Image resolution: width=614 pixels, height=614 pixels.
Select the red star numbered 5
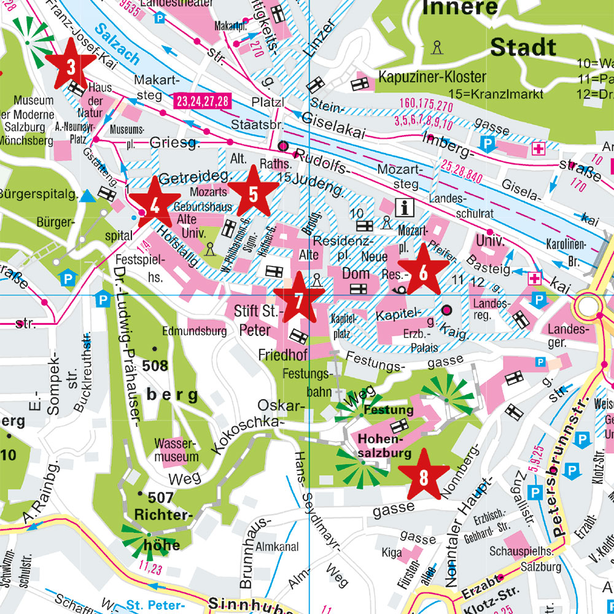(x=252, y=193)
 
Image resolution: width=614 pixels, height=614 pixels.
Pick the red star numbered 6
(x=423, y=271)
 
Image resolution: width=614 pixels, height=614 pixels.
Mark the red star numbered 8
(x=424, y=473)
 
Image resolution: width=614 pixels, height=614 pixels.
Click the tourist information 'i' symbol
(x=405, y=208)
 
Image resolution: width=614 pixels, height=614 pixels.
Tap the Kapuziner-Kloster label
(x=432, y=77)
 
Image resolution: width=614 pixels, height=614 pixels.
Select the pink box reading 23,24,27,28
(x=202, y=101)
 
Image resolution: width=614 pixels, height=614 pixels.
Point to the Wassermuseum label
(x=177, y=449)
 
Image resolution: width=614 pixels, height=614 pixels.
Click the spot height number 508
(x=155, y=366)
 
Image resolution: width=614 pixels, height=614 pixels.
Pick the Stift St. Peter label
(x=256, y=320)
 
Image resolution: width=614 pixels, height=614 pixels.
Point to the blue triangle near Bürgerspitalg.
(x=88, y=196)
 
